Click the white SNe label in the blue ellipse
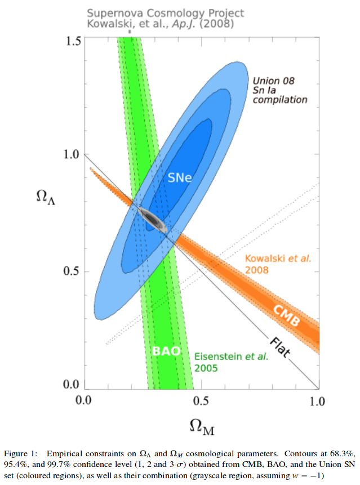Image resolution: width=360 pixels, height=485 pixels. (180, 178)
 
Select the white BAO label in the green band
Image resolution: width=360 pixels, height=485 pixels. (166, 350)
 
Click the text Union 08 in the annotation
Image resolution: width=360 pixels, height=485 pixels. (273, 80)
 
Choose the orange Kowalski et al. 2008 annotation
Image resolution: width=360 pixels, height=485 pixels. (278, 264)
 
